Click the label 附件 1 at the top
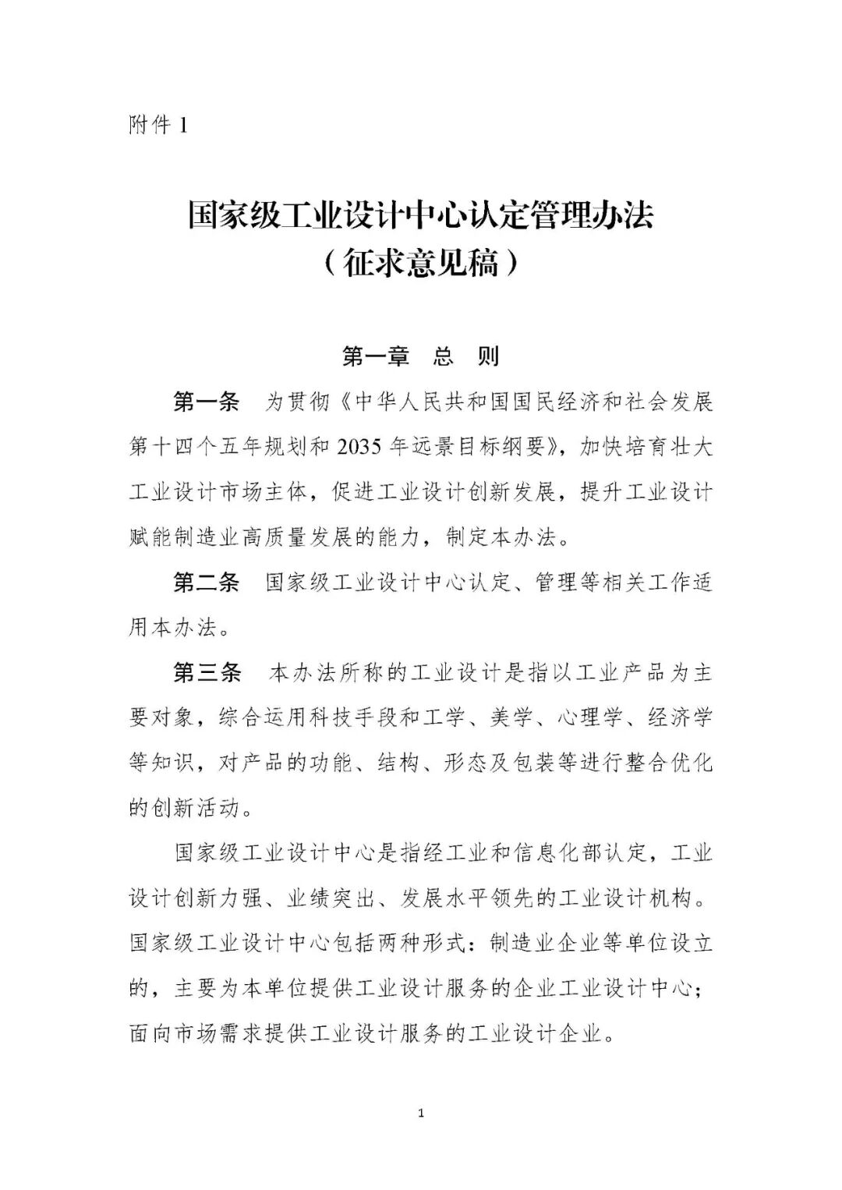click(x=158, y=125)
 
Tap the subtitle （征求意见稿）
click(x=420, y=264)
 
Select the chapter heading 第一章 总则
click(x=420, y=356)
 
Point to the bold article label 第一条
click(x=206, y=402)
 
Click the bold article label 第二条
click(x=206, y=583)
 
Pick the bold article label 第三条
click(x=206, y=673)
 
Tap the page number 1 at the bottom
click(x=421, y=1114)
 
